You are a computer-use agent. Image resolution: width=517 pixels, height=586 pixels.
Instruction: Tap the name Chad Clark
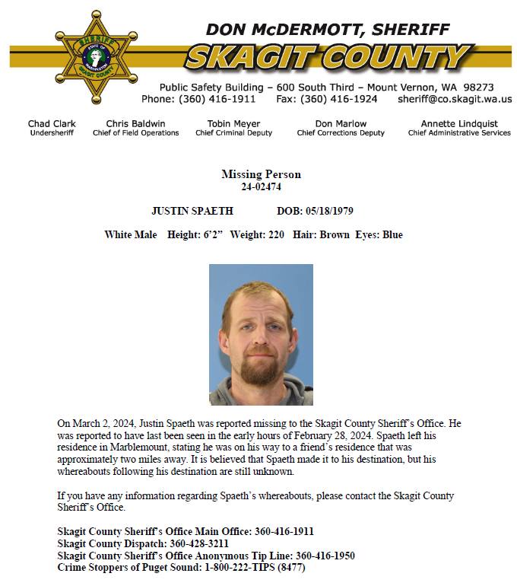click(52, 123)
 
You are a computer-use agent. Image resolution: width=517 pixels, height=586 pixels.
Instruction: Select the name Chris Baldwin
click(135, 123)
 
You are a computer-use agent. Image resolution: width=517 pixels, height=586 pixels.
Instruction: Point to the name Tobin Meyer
click(233, 123)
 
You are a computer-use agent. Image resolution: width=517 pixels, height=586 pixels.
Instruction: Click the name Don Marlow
click(341, 123)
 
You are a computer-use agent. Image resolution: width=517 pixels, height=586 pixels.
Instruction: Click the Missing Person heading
click(261, 175)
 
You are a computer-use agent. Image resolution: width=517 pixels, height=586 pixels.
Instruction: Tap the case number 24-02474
click(261, 186)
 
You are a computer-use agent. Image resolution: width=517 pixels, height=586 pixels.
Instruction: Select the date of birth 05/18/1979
click(328, 211)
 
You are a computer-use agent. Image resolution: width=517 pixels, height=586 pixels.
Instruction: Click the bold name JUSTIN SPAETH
click(192, 211)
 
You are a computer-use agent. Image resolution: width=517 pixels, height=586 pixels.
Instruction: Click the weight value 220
click(276, 235)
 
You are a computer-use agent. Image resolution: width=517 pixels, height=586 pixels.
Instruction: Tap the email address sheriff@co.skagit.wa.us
click(455, 99)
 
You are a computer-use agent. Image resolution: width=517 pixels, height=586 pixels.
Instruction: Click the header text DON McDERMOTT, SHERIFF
click(328, 30)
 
